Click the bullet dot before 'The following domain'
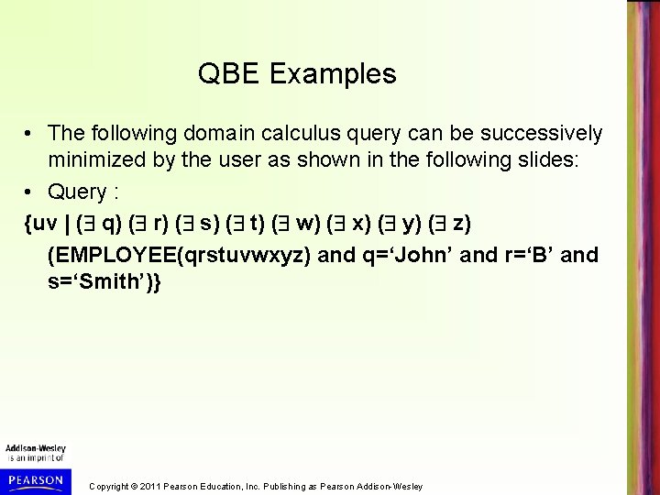[30, 135]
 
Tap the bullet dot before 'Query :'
[30, 193]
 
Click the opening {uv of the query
[40, 224]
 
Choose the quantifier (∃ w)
[304, 224]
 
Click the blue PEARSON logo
[33, 479]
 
